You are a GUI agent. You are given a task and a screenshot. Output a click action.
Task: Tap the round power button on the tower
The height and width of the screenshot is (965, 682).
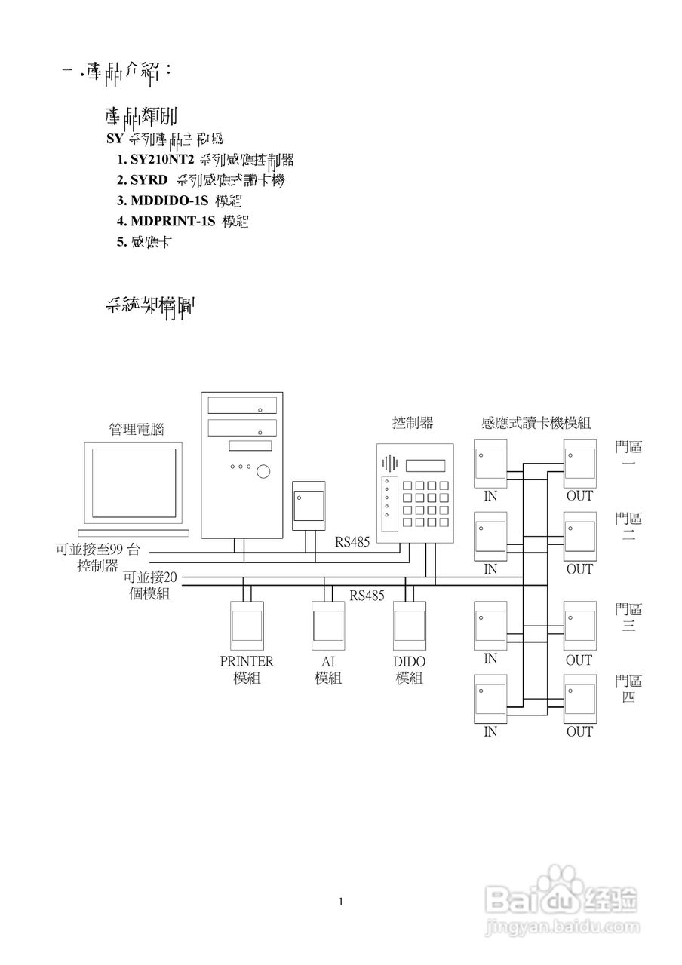pos(263,472)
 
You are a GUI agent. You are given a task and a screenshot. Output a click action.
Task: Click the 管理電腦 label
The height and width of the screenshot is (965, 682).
pos(137,430)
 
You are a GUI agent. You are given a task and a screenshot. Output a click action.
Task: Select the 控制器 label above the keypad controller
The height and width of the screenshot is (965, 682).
pos(413,423)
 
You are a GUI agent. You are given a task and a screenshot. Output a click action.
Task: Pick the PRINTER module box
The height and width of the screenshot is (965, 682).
pos(246,625)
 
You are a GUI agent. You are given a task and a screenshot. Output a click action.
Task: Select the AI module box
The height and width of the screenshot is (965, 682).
pos(327,625)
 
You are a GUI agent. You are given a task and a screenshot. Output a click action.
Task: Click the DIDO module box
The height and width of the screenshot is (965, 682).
pos(410,625)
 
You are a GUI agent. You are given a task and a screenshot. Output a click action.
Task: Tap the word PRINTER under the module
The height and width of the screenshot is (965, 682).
pos(246,661)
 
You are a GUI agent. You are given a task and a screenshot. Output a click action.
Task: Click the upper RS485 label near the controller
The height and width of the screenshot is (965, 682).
pos(352,541)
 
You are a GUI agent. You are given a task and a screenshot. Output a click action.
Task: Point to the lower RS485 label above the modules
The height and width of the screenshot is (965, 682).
pos(367,595)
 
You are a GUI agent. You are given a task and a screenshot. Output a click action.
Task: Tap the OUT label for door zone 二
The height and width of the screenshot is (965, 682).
pos(579,569)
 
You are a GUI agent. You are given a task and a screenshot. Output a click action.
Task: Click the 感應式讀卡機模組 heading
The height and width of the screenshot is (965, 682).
pos(536,423)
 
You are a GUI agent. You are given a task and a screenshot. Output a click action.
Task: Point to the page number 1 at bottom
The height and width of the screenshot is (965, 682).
pos(342,901)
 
